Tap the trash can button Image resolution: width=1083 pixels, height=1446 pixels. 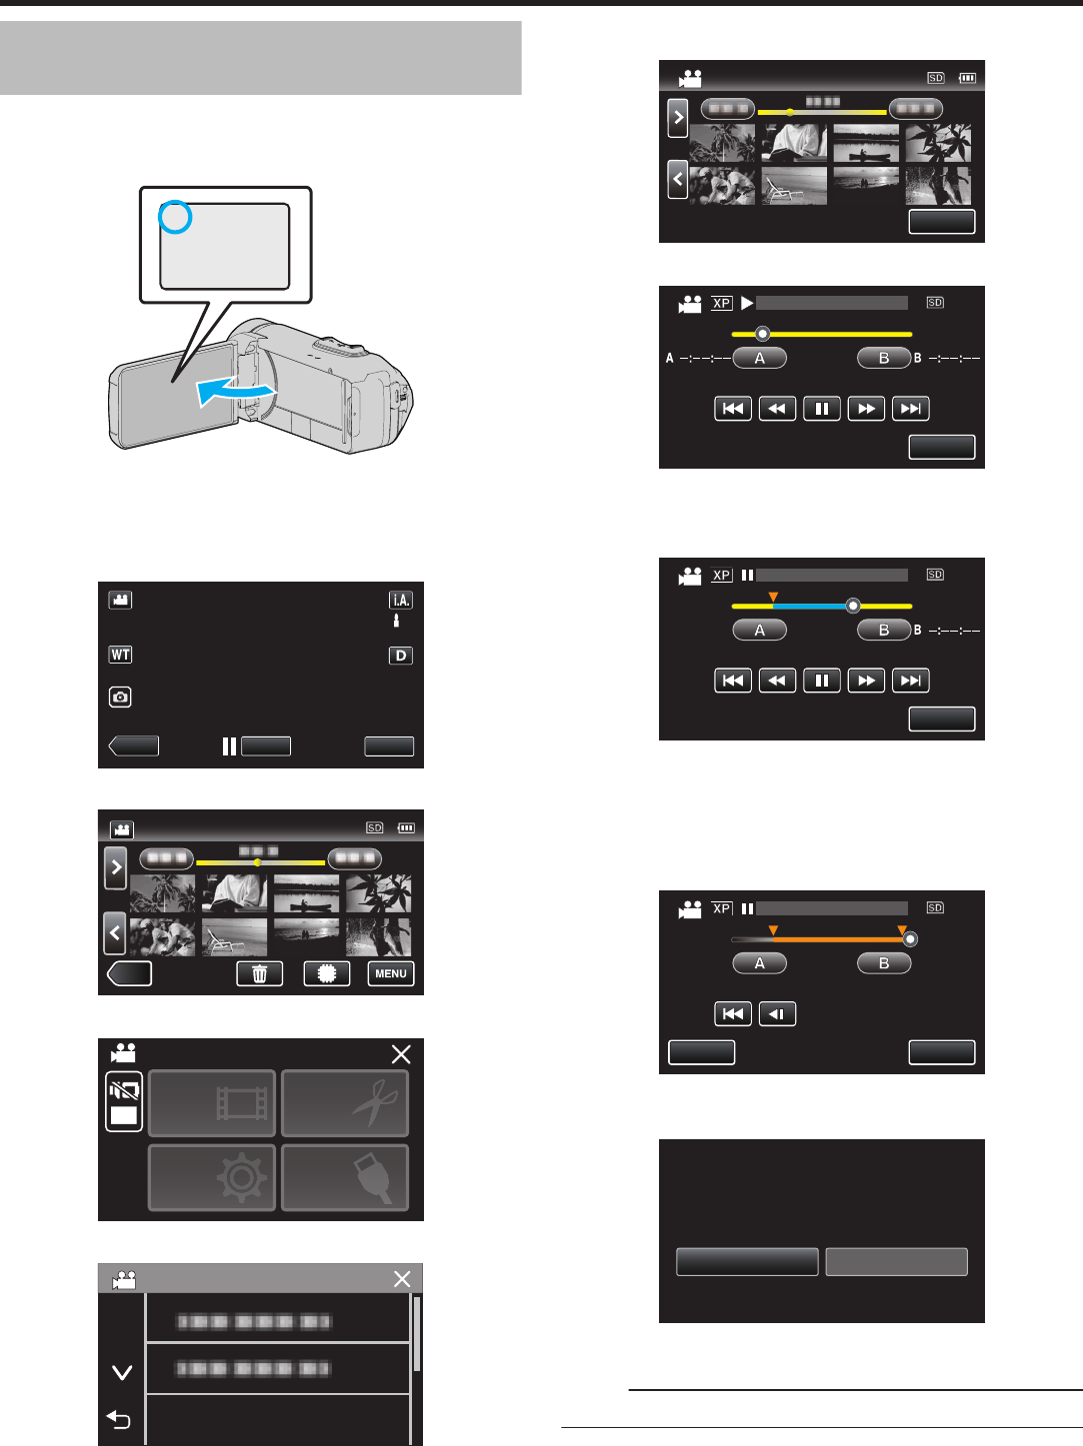(260, 974)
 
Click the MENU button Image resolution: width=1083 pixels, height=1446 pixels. (390, 974)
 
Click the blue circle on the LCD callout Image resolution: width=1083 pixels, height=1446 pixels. (175, 217)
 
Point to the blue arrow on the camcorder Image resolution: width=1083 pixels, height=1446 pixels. (235, 393)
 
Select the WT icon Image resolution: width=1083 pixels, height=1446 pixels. (121, 655)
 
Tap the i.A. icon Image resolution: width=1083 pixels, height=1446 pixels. (401, 600)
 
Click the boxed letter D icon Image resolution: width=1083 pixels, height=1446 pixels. (401, 656)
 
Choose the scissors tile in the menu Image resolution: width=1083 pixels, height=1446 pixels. (345, 1103)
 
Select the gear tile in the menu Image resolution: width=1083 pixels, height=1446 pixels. (212, 1178)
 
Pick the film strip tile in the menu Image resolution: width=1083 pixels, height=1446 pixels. (212, 1103)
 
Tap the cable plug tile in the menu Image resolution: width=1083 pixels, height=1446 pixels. (345, 1178)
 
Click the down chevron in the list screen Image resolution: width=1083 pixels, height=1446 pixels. (122, 1373)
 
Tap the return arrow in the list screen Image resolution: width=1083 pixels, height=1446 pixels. (119, 1419)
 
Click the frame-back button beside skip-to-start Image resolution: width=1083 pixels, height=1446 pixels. (777, 1014)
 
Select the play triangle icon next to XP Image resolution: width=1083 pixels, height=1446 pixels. (747, 302)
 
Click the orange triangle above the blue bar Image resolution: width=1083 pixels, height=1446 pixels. (773, 597)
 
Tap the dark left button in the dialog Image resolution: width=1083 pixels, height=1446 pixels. (747, 1261)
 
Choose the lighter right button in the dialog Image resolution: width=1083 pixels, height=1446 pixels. (896, 1261)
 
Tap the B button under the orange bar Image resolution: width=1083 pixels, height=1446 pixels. (884, 963)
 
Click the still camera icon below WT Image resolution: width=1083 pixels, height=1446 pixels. (121, 697)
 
